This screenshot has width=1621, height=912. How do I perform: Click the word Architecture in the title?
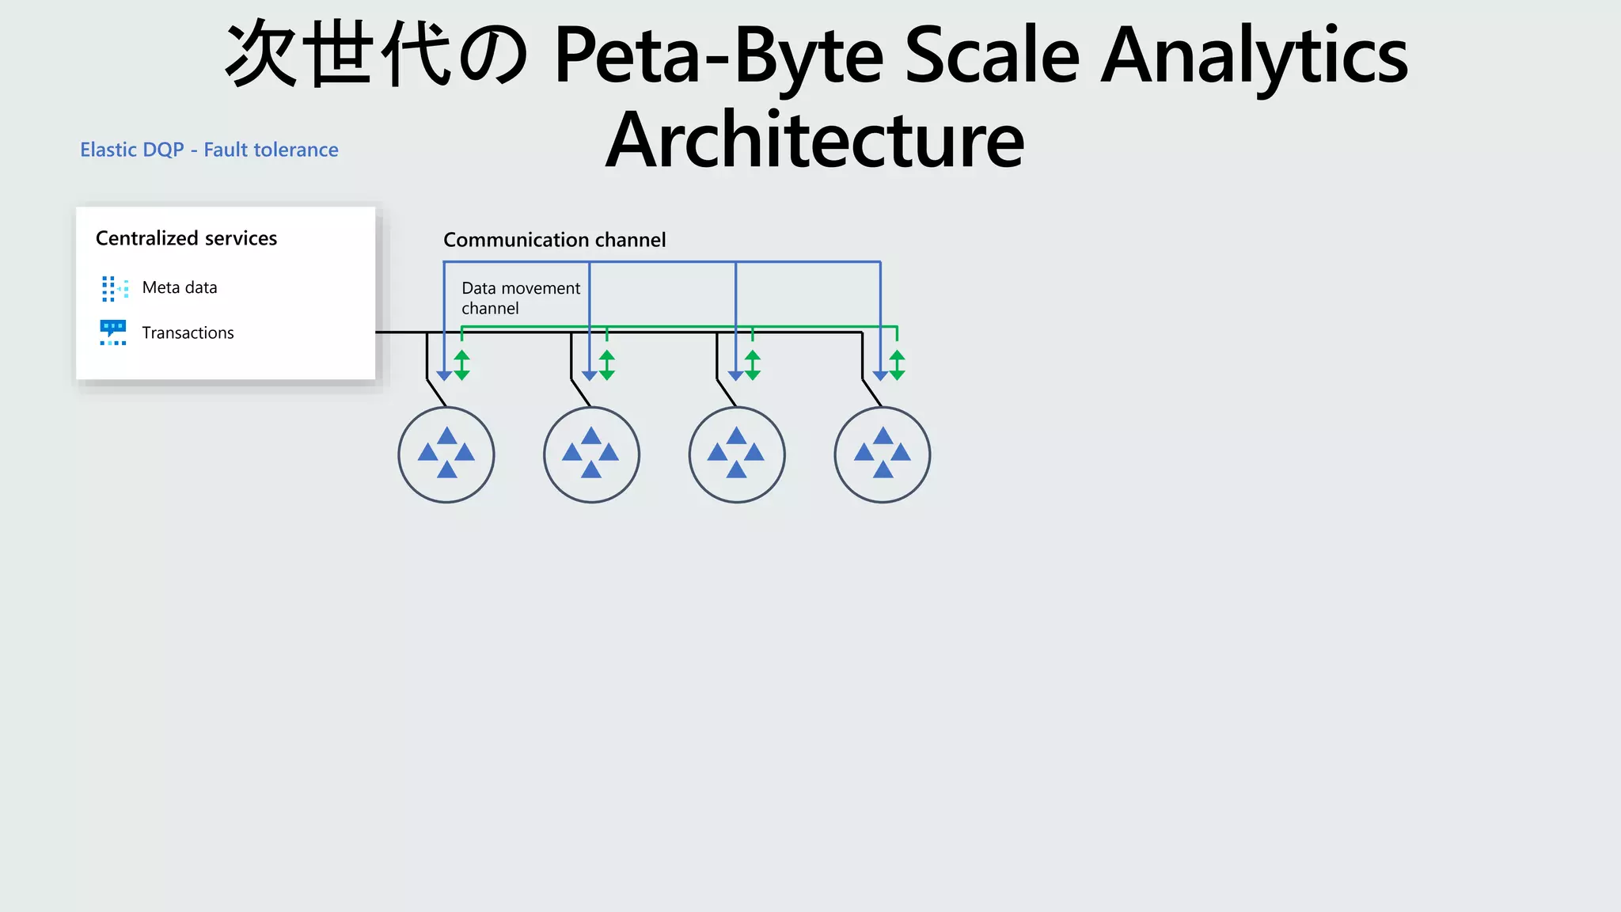(814, 141)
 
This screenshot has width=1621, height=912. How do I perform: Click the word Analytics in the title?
(1254, 55)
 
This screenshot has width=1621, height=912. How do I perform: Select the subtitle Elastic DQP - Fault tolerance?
(209, 150)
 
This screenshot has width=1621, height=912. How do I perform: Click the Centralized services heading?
(186, 238)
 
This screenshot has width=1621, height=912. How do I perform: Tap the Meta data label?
(180, 287)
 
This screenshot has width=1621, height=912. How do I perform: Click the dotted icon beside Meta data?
(114, 288)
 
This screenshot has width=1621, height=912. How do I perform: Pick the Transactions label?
(188, 332)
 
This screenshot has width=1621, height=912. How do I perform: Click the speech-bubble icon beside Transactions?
(113, 332)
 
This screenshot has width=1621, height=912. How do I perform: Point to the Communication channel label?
(554, 240)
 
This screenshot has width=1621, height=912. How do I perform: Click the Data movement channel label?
(520, 298)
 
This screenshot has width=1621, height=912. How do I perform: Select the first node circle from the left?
(446, 454)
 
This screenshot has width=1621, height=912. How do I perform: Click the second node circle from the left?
(591, 454)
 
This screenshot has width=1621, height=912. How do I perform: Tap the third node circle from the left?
(737, 454)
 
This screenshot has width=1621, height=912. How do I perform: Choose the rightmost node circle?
(882, 454)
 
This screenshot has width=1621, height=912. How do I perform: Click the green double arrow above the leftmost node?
(462, 365)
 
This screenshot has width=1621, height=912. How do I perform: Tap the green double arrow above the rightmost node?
(897, 365)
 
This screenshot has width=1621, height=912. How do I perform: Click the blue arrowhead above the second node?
(590, 375)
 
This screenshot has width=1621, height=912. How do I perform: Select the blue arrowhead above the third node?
(735, 375)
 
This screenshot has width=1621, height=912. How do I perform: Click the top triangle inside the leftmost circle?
(446, 436)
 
